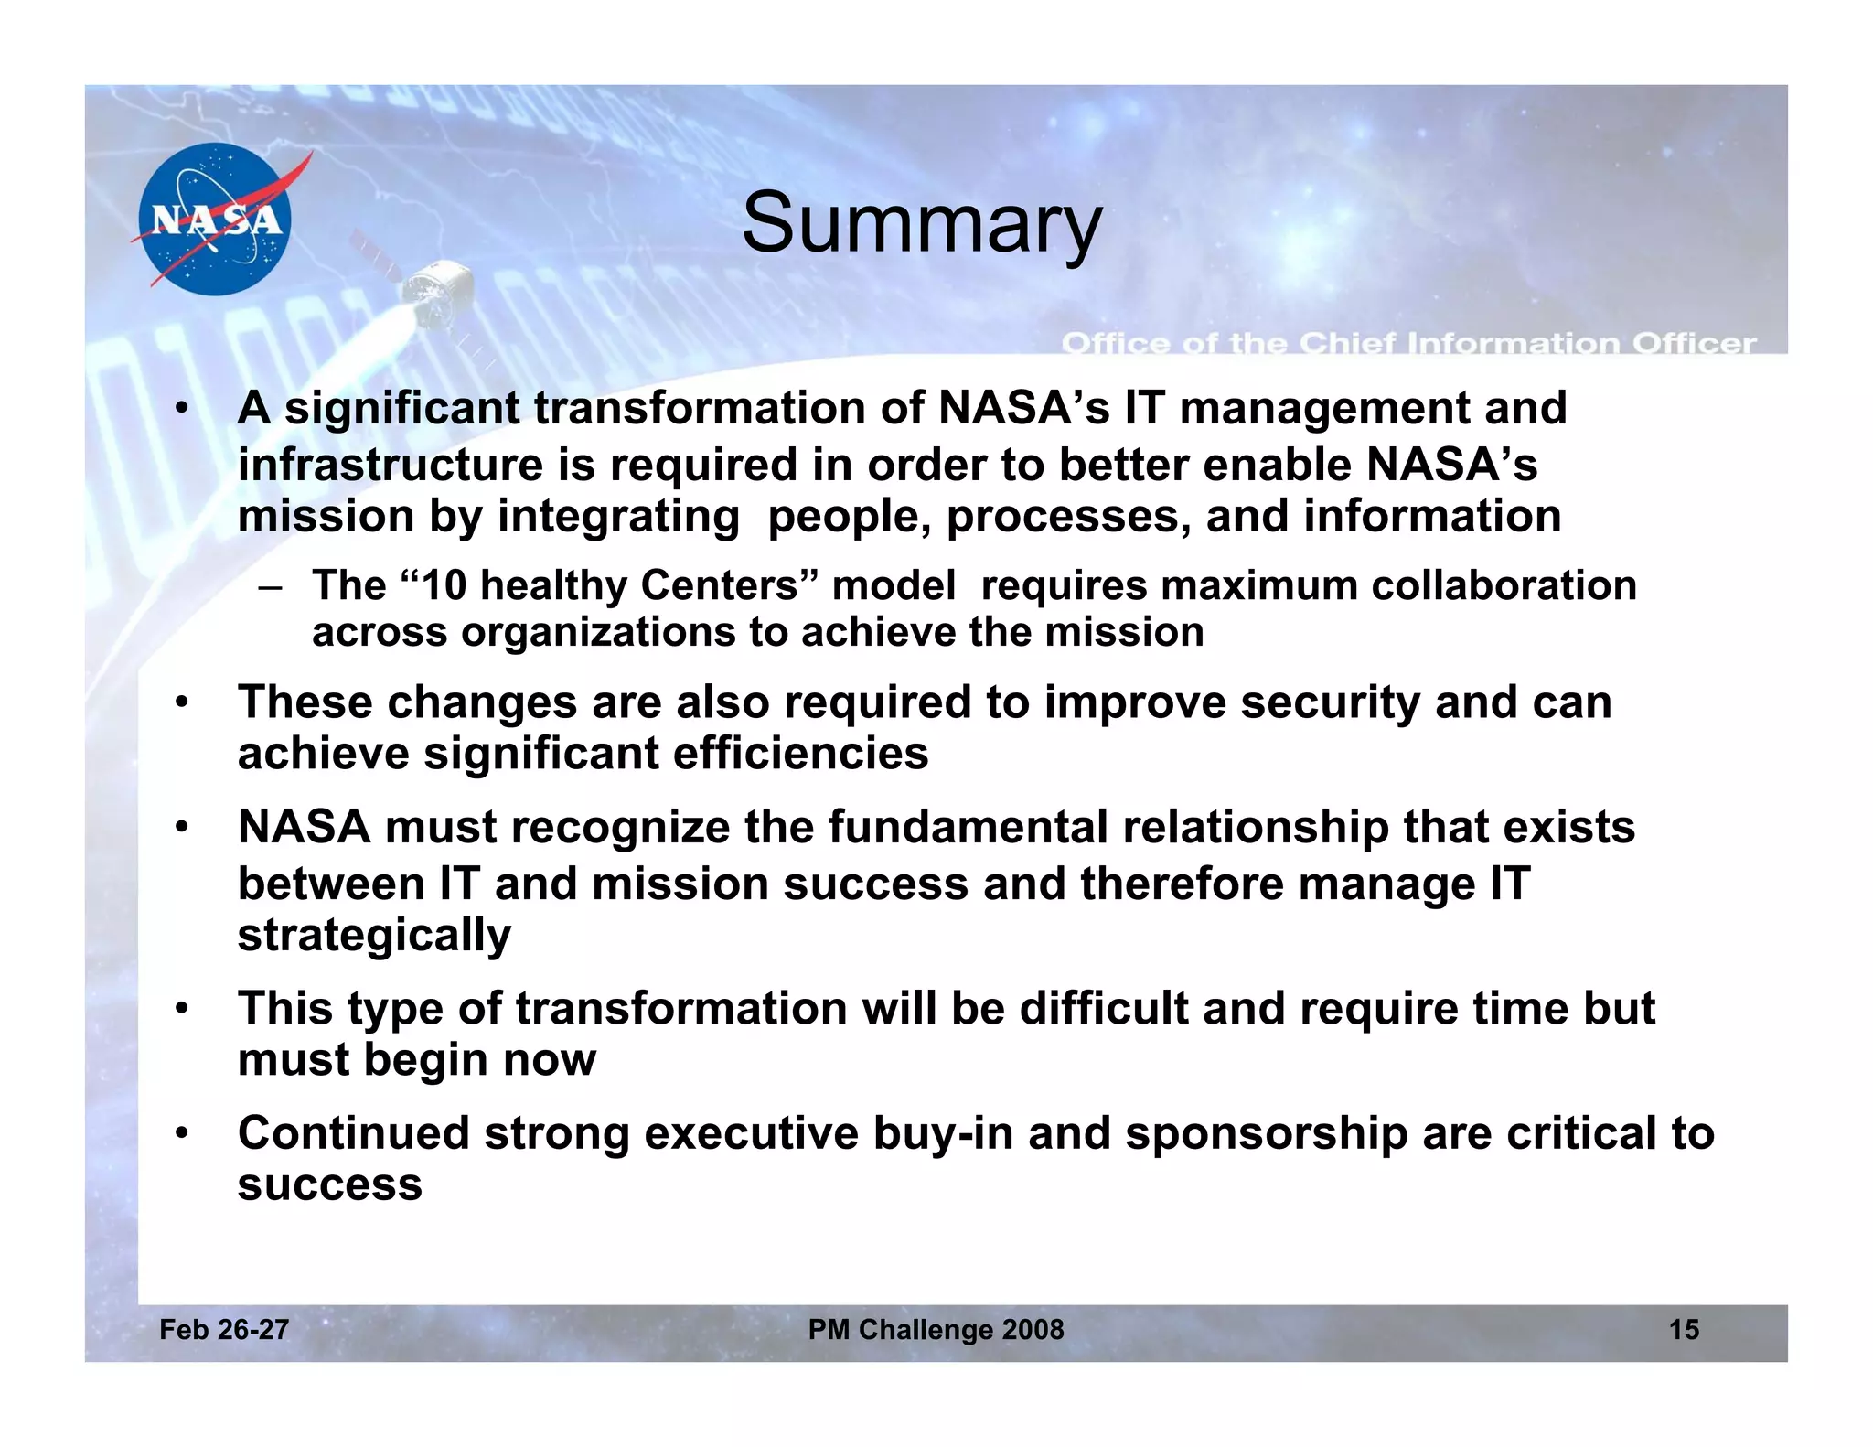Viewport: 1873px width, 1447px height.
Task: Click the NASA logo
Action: [x=215, y=220]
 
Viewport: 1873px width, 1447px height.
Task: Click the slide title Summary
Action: [x=922, y=223]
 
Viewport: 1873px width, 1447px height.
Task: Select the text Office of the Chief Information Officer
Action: [x=1408, y=344]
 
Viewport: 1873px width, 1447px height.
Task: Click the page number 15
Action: [x=1684, y=1329]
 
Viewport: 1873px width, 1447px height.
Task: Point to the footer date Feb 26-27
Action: [x=224, y=1329]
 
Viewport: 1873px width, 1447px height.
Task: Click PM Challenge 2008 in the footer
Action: [x=936, y=1329]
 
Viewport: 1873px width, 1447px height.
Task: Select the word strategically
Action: [x=374, y=936]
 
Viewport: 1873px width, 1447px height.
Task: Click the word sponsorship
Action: [x=1266, y=1135]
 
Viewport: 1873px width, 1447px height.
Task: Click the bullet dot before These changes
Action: [x=182, y=703]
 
